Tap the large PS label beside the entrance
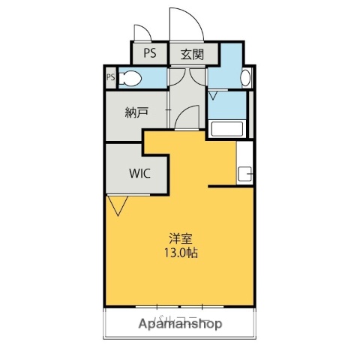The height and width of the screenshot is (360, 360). point(150,53)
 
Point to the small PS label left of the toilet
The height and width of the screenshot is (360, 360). point(110,77)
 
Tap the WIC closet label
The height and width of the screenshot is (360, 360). point(139,173)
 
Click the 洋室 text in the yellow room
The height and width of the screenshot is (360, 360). point(181,239)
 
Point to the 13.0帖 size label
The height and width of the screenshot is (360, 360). point(181,253)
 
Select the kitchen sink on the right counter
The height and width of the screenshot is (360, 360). point(244,175)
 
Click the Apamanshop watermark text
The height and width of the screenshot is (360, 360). point(180,324)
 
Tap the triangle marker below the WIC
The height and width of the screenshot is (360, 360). point(117,204)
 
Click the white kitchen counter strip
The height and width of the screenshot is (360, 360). point(244,160)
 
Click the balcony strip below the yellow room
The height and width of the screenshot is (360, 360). point(180,322)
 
